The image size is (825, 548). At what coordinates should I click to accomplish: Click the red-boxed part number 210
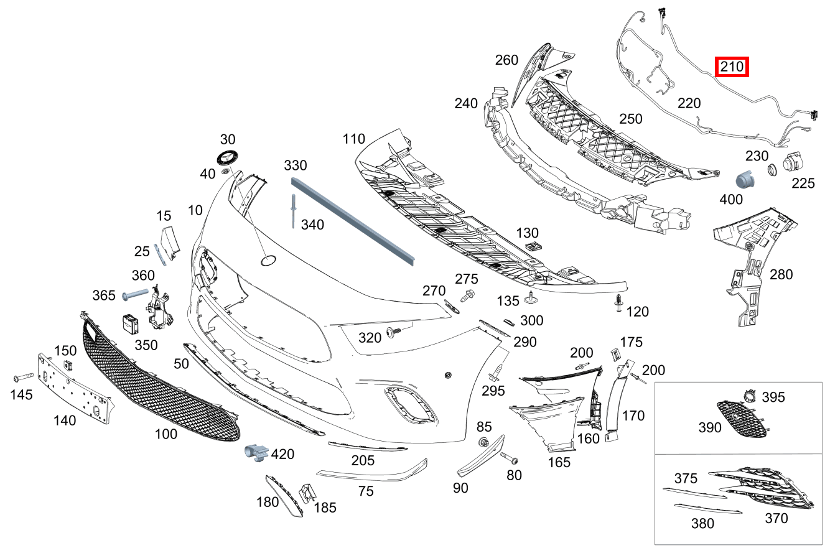[732, 67]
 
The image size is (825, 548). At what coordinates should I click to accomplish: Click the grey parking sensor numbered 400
[745, 180]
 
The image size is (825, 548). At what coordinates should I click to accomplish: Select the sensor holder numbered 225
[793, 162]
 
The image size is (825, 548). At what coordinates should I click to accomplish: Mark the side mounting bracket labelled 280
[752, 261]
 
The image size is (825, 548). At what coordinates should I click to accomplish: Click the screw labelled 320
[394, 332]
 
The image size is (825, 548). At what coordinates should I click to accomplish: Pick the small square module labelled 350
[131, 323]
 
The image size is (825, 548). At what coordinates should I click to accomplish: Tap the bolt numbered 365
[134, 294]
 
